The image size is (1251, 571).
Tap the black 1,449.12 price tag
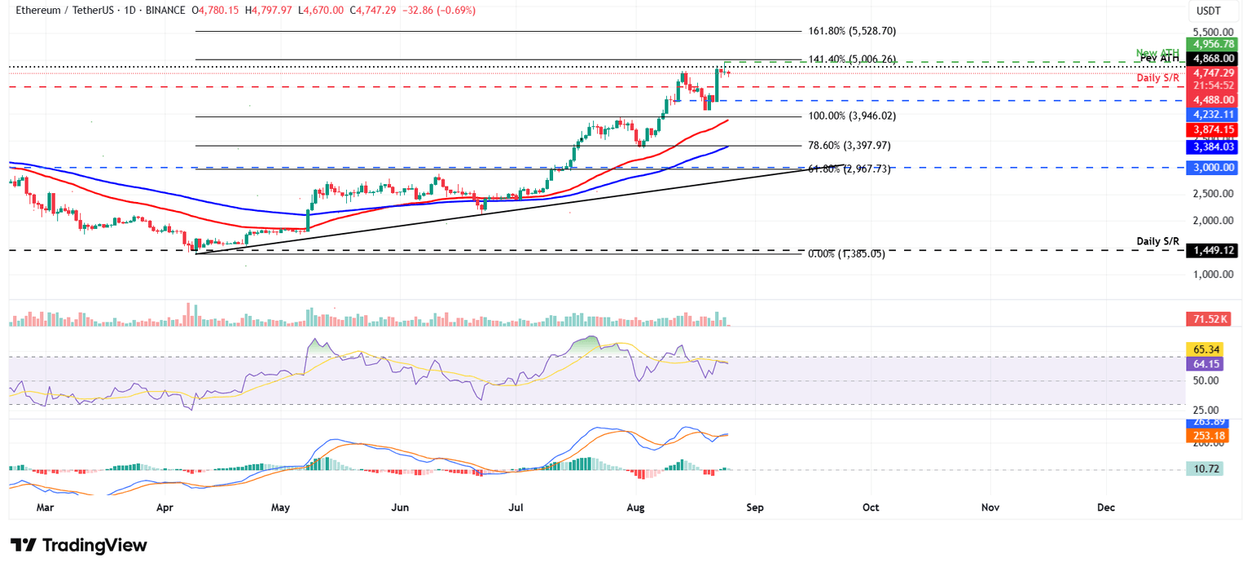click(1213, 251)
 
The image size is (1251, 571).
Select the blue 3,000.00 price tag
click(1213, 167)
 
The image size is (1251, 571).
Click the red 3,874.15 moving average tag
click(1213, 130)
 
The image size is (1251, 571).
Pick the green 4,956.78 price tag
click(1213, 44)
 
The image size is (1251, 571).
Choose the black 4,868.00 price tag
click(1213, 59)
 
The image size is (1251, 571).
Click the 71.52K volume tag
click(1213, 318)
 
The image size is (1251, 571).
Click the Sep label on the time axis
click(754, 507)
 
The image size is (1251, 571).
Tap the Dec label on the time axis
click(1105, 507)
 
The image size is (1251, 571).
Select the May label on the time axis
click(280, 507)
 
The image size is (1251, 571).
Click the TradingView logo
click(79, 545)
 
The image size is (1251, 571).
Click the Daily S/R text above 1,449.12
click(1157, 242)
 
